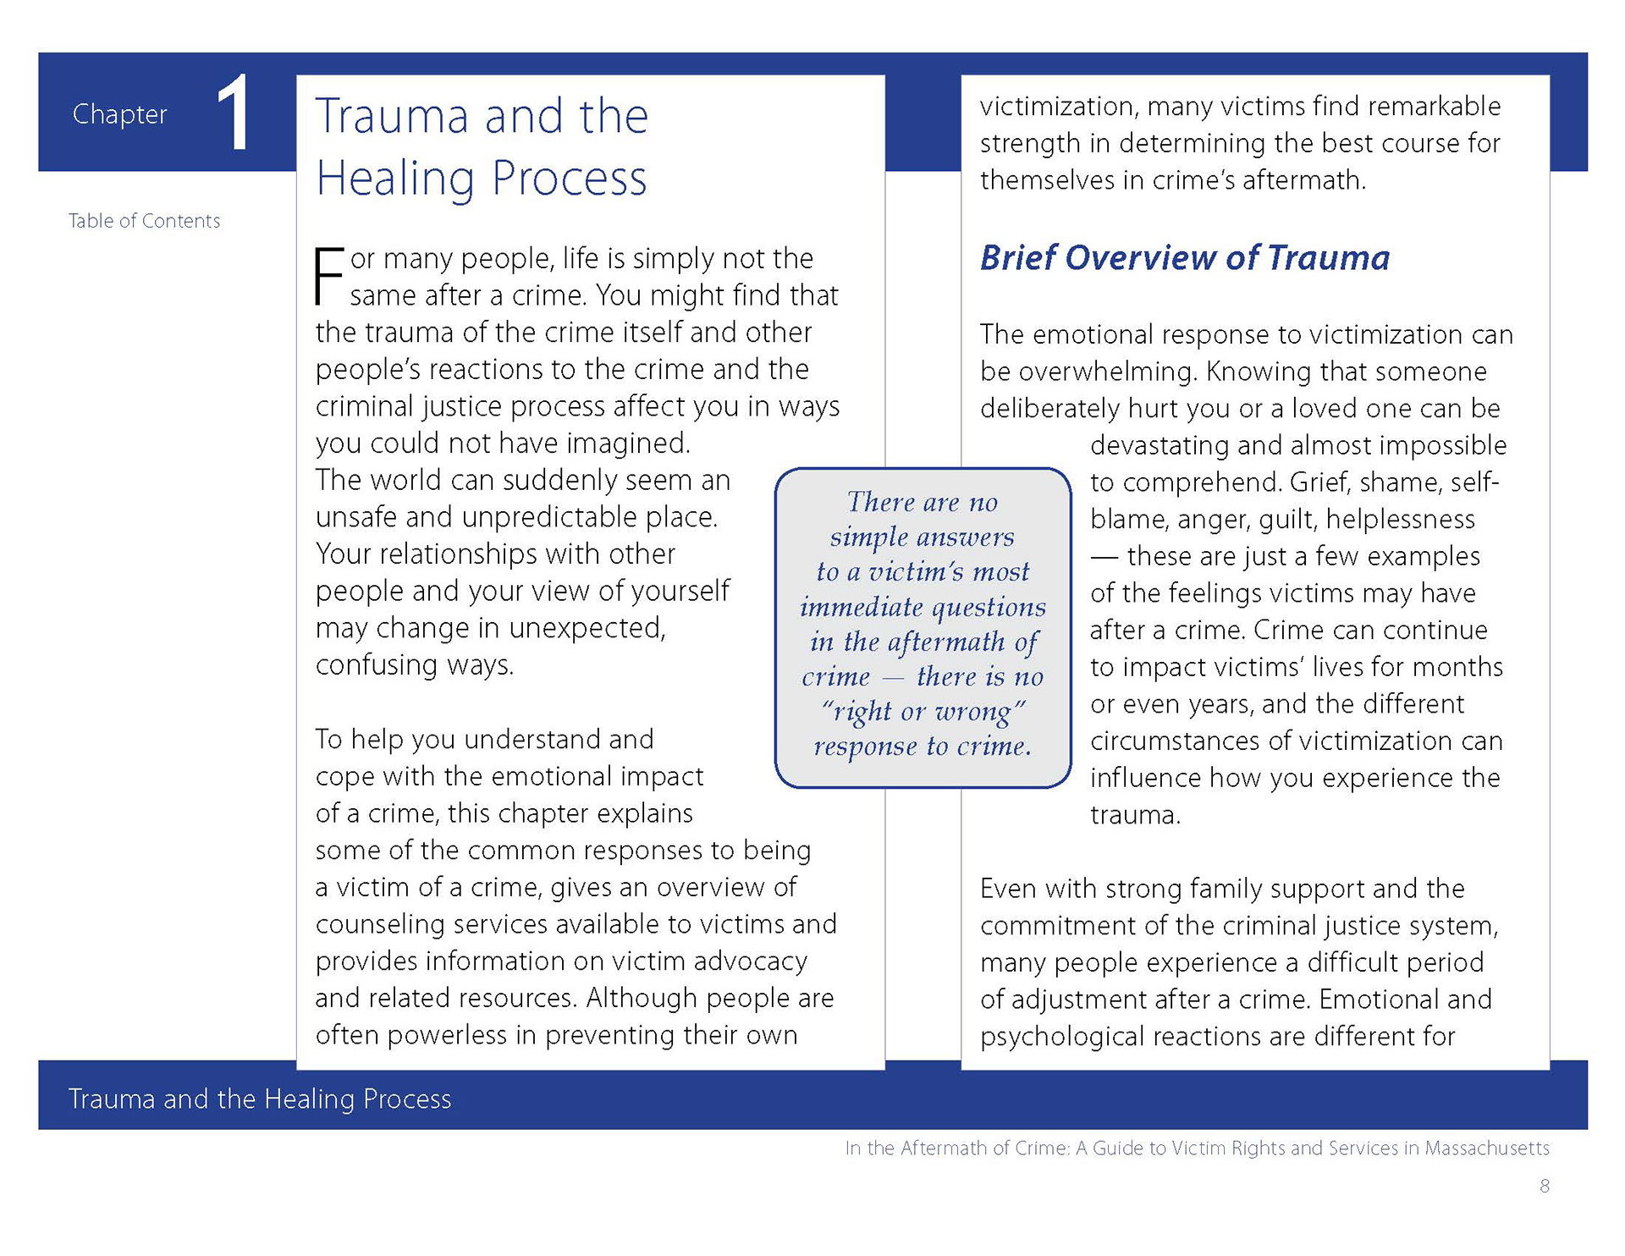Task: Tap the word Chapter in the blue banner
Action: tap(119, 114)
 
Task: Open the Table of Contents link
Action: tap(144, 221)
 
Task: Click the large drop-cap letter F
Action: tap(329, 275)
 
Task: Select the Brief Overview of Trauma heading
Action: tap(1184, 257)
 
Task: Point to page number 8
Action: tap(1544, 1186)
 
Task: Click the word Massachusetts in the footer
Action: tap(1486, 1149)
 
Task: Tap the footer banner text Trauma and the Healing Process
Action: tap(260, 1099)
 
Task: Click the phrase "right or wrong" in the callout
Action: tap(923, 711)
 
